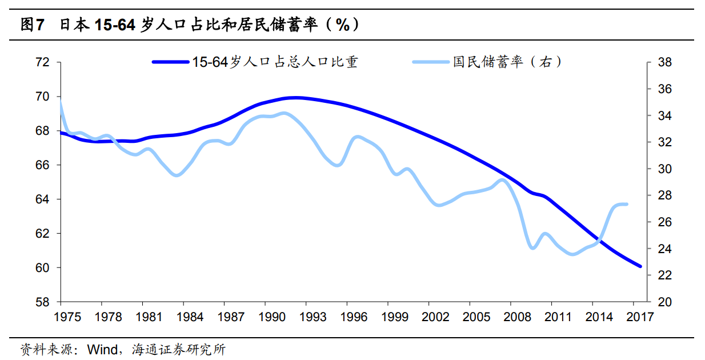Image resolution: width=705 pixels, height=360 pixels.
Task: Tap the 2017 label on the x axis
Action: (640, 317)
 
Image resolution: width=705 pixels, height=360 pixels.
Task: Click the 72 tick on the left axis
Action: (43, 62)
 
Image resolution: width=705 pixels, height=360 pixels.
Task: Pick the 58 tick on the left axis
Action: (43, 302)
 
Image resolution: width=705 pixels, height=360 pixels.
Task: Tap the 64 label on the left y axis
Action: (43, 199)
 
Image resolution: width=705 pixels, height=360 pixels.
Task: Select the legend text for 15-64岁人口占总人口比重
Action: (275, 62)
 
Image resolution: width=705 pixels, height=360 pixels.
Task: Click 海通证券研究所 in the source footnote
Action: (178, 349)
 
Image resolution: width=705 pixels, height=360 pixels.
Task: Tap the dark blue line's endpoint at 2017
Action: (640, 266)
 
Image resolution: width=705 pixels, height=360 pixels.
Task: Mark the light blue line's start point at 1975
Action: (60, 103)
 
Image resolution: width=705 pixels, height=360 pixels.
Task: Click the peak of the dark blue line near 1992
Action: (295, 98)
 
